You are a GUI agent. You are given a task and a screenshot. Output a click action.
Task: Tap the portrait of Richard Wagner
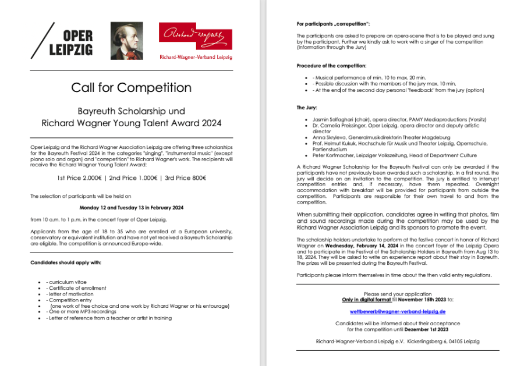[x=126, y=41]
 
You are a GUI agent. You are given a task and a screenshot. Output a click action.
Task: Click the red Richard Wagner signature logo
[x=196, y=36]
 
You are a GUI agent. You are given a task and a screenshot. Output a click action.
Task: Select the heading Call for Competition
[x=131, y=88]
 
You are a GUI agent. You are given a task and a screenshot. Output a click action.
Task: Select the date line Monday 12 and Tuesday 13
[x=131, y=208]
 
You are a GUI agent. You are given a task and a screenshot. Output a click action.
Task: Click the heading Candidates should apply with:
[x=66, y=262]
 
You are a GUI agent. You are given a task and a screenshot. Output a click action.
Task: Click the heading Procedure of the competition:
[x=331, y=66]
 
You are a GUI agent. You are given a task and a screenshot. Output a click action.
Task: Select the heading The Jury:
[x=307, y=108]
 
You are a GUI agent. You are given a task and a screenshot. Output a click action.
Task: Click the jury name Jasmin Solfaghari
[x=337, y=119]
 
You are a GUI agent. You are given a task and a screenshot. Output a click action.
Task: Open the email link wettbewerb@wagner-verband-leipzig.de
[x=398, y=311]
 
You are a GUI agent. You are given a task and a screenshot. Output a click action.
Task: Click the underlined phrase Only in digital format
[x=367, y=300]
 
